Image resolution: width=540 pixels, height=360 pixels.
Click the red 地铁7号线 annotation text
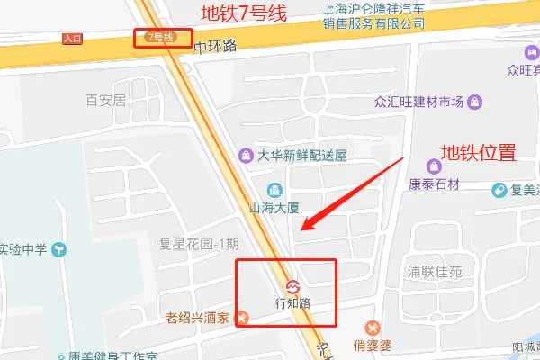tap(244, 13)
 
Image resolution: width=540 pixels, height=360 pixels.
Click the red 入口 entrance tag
tap(73, 39)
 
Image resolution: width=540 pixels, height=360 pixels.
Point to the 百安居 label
tap(105, 101)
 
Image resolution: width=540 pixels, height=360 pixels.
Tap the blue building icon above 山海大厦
tap(274, 189)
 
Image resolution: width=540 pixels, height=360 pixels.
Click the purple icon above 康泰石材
tap(436, 166)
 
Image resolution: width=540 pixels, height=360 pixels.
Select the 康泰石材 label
tap(436, 184)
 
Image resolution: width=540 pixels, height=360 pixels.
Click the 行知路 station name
tap(292, 303)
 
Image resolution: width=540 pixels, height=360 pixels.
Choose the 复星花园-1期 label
tap(199, 244)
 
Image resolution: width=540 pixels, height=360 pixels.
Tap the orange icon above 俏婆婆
tap(370, 328)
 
